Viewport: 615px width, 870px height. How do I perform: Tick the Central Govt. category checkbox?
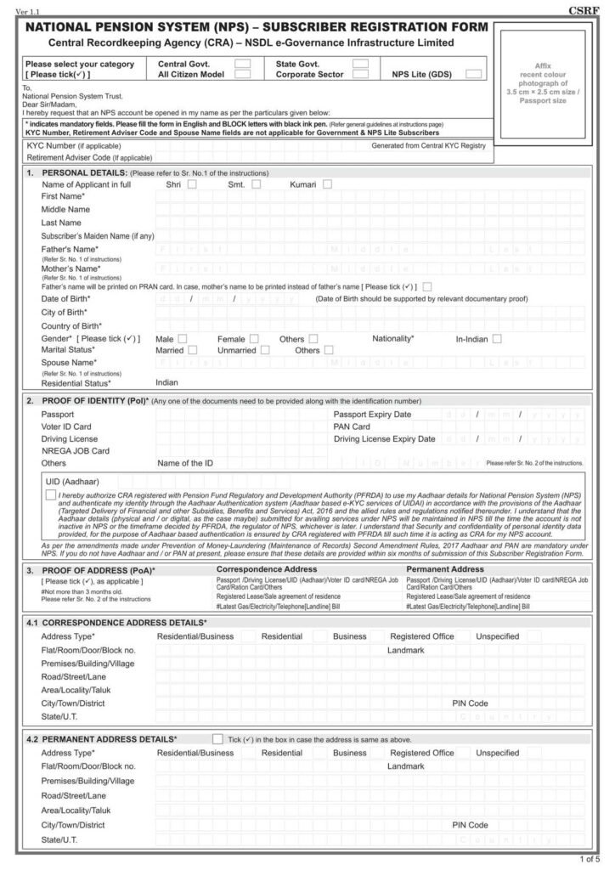click(242, 64)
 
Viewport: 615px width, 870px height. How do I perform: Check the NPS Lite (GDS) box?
click(474, 75)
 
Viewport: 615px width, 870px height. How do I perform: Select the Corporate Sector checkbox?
click(360, 75)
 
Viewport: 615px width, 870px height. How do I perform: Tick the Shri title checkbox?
click(193, 184)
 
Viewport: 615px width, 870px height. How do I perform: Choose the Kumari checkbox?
click(327, 184)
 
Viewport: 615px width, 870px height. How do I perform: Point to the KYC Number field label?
click(68, 146)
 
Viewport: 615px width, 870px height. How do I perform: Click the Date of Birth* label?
click(66, 299)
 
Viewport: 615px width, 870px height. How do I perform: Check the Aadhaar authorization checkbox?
click(52, 494)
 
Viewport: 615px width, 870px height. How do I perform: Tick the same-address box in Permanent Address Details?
click(218, 739)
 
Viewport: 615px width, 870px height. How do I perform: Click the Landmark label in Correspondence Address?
click(405, 650)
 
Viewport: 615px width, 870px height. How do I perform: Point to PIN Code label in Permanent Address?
click(469, 825)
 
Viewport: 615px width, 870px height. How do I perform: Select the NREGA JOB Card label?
click(76, 450)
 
